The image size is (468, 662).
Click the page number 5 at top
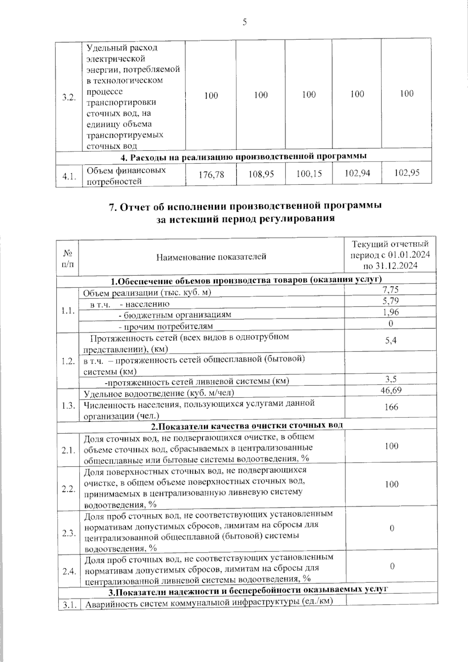[245, 22]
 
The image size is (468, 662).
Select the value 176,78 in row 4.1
[211, 174]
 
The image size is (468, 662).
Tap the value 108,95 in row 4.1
[261, 174]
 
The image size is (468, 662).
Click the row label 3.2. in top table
[68, 98]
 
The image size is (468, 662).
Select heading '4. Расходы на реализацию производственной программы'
[244, 156]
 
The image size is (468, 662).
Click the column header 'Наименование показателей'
[211, 257]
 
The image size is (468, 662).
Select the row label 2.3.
[68, 533]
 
